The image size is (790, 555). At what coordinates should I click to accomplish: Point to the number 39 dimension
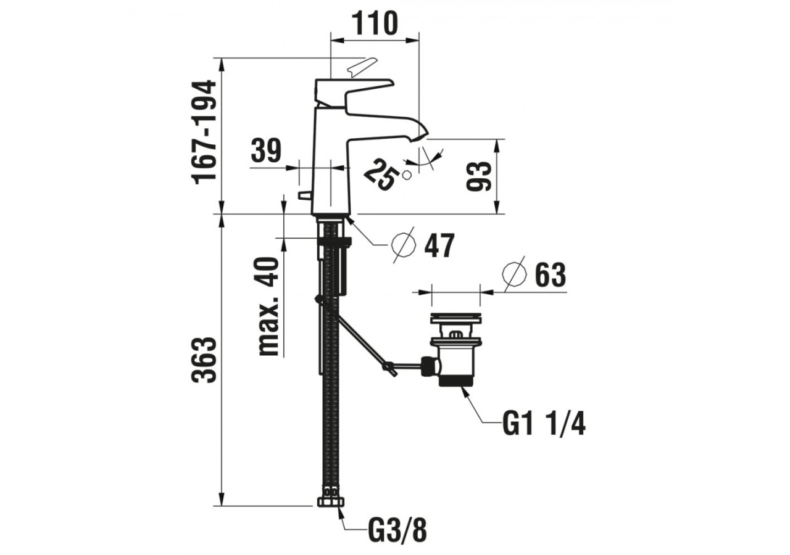[266, 150]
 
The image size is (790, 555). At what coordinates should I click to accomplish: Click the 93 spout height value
[478, 176]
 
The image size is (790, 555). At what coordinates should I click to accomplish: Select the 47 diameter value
[439, 245]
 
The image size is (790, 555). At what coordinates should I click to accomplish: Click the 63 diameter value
[550, 274]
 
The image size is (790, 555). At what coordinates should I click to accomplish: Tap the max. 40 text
[268, 306]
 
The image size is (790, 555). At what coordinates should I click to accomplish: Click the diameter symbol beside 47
[404, 245]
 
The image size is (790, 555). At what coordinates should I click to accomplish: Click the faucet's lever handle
[352, 92]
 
